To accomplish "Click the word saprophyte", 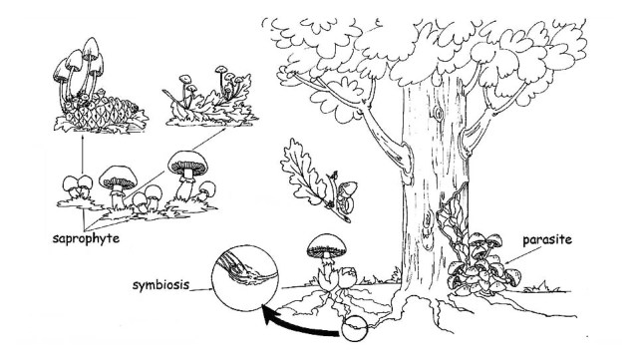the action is tap(86, 238).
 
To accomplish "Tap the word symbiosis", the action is tap(160, 285).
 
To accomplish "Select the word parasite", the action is tap(547, 239).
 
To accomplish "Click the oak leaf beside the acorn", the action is tap(304, 173).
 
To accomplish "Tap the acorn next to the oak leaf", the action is tap(345, 195).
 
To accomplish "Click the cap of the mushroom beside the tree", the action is tap(327, 245).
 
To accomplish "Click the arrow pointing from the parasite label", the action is tap(522, 255).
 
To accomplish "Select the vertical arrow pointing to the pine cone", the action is tap(83, 154).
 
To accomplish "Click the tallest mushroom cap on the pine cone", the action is tap(91, 49).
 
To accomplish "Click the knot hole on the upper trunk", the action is tap(438, 113).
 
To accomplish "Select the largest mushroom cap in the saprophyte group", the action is tap(187, 163).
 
